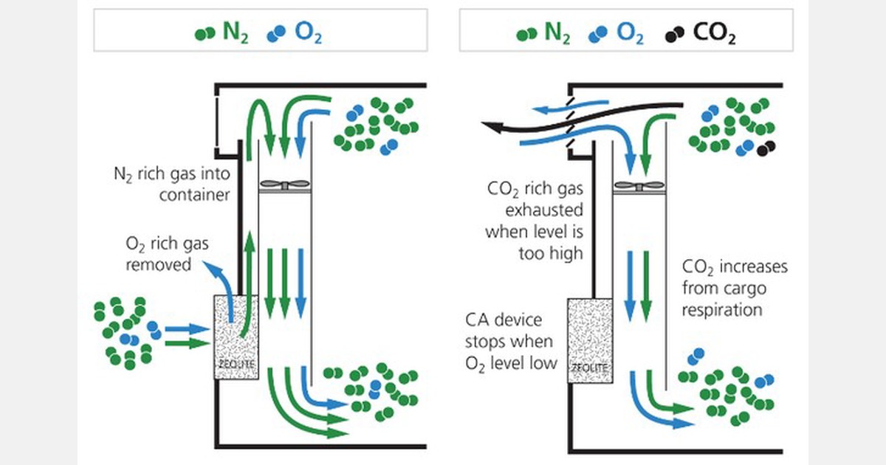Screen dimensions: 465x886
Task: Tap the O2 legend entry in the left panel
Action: click(297, 33)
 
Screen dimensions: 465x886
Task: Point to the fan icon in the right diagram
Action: click(639, 185)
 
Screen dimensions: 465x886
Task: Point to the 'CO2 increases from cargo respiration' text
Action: click(734, 288)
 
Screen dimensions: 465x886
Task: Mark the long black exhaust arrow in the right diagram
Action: click(576, 118)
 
